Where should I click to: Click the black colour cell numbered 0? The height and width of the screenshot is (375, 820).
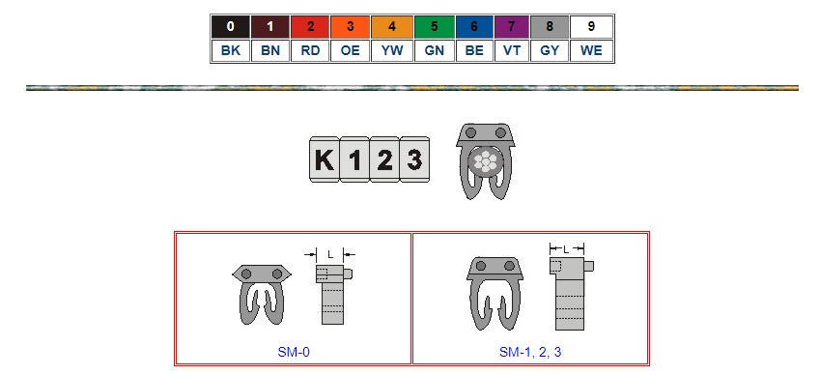pos(231,27)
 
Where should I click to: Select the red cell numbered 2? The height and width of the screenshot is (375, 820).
pos(310,27)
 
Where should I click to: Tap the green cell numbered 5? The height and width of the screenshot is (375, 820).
pos(434,27)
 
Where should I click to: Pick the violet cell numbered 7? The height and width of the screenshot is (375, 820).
pos(512,27)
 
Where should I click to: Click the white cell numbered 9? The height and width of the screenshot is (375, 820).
pos(591,27)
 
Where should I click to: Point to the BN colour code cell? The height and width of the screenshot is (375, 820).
pos(270,50)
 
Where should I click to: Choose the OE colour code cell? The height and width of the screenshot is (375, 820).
pos(351,50)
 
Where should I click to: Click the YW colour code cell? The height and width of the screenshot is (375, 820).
pos(392,50)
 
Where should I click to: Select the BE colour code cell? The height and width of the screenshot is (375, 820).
pos(474,50)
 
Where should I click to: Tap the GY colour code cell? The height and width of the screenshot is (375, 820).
pos(550,50)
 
